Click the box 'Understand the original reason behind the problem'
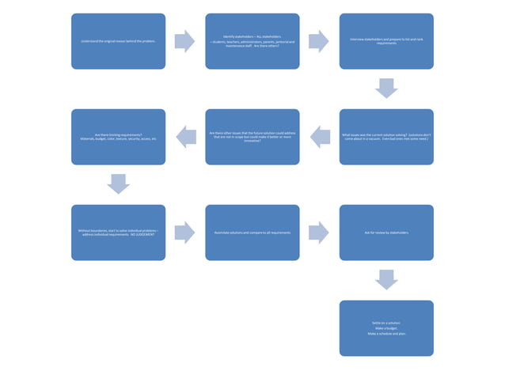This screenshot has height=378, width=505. tap(118, 41)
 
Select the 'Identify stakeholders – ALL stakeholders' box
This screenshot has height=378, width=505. tap(252, 41)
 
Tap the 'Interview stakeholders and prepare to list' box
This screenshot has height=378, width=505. tap(386, 41)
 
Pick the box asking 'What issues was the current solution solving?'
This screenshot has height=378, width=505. tap(386, 137)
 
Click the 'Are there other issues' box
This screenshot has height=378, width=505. tap(252, 137)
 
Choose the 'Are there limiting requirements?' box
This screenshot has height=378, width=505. tap(118, 137)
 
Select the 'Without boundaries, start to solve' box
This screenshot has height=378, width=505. tap(118, 232)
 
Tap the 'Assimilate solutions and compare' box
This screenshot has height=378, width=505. tap(252, 232)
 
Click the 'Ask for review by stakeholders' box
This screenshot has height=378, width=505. tap(386, 232)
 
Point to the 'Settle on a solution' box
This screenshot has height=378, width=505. tap(386, 328)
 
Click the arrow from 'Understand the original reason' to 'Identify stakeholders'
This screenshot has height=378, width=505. tap(184, 41)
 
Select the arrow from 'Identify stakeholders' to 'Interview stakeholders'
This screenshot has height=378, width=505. tap(319, 41)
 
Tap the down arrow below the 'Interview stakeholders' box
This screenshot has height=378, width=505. tap(386, 88)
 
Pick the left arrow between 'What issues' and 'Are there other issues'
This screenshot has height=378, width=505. tap(319, 137)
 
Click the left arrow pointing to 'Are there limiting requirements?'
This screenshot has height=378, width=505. tap(185, 137)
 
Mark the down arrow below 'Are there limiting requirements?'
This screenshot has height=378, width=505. tap(118, 183)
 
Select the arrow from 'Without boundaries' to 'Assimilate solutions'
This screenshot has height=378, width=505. tap(184, 232)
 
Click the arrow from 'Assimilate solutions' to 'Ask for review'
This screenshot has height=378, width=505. tap(319, 232)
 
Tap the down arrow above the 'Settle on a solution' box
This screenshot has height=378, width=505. tap(386, 279)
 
